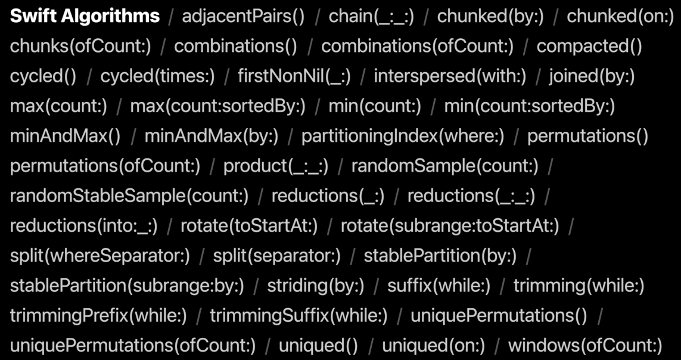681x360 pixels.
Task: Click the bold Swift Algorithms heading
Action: (85, 16)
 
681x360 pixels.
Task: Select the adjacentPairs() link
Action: (243, 16)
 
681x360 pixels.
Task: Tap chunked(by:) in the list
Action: (490, 16)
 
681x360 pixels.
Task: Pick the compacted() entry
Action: (589, 46)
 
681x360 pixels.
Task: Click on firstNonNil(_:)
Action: (294, 76)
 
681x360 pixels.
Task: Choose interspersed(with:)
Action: (450, 76)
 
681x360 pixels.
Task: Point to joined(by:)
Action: (592, 76)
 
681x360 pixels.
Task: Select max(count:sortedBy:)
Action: (217, 106)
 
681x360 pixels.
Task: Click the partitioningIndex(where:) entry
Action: (403, 136)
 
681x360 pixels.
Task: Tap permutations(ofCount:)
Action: (105, 166)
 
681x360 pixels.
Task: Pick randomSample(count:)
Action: (445, 166)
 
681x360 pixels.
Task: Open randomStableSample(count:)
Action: (129, 196)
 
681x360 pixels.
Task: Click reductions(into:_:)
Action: (84, 226)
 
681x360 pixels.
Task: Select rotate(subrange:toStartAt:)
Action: (450, 226)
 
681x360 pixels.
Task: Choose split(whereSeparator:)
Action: (100, 256)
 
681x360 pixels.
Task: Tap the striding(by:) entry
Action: (315, 286)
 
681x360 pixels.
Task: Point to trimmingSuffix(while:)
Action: (298, 315)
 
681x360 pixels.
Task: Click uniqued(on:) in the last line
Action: (433, 345)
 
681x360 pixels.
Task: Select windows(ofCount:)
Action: (585, 345)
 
